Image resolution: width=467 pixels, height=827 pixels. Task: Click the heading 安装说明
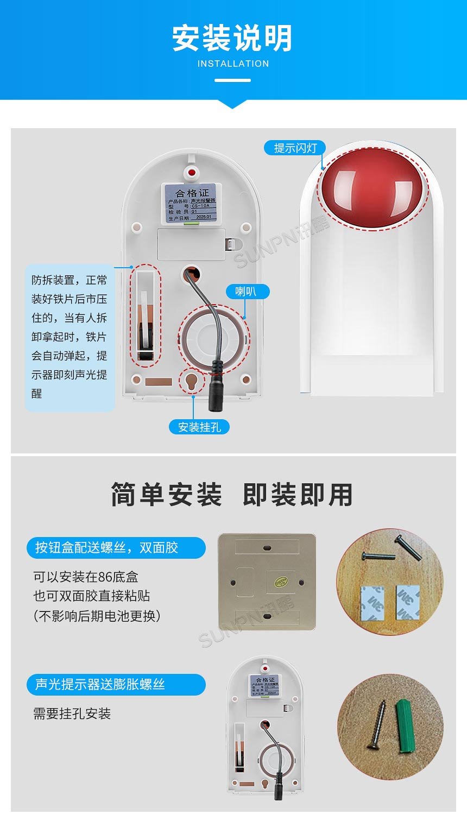point(232,39)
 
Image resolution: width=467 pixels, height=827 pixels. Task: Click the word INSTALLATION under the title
point(233,64)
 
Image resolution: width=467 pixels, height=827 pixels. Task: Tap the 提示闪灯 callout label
point(295,148)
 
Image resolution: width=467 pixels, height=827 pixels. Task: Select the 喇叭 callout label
point(245,292)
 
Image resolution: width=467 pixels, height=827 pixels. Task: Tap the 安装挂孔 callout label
point(199,427)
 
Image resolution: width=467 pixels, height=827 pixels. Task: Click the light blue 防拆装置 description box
point(70,337)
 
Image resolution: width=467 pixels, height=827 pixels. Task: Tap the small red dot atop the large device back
point(191,173)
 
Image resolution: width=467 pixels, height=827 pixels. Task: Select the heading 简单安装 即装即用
point(232,495)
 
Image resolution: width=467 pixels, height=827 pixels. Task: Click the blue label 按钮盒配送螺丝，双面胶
point(116,547)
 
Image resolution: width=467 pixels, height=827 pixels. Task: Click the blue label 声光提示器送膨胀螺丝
point(116,684)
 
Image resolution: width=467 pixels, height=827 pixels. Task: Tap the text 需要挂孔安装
point(72,714)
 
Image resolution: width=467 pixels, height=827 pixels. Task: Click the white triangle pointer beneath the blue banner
point(232,103)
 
